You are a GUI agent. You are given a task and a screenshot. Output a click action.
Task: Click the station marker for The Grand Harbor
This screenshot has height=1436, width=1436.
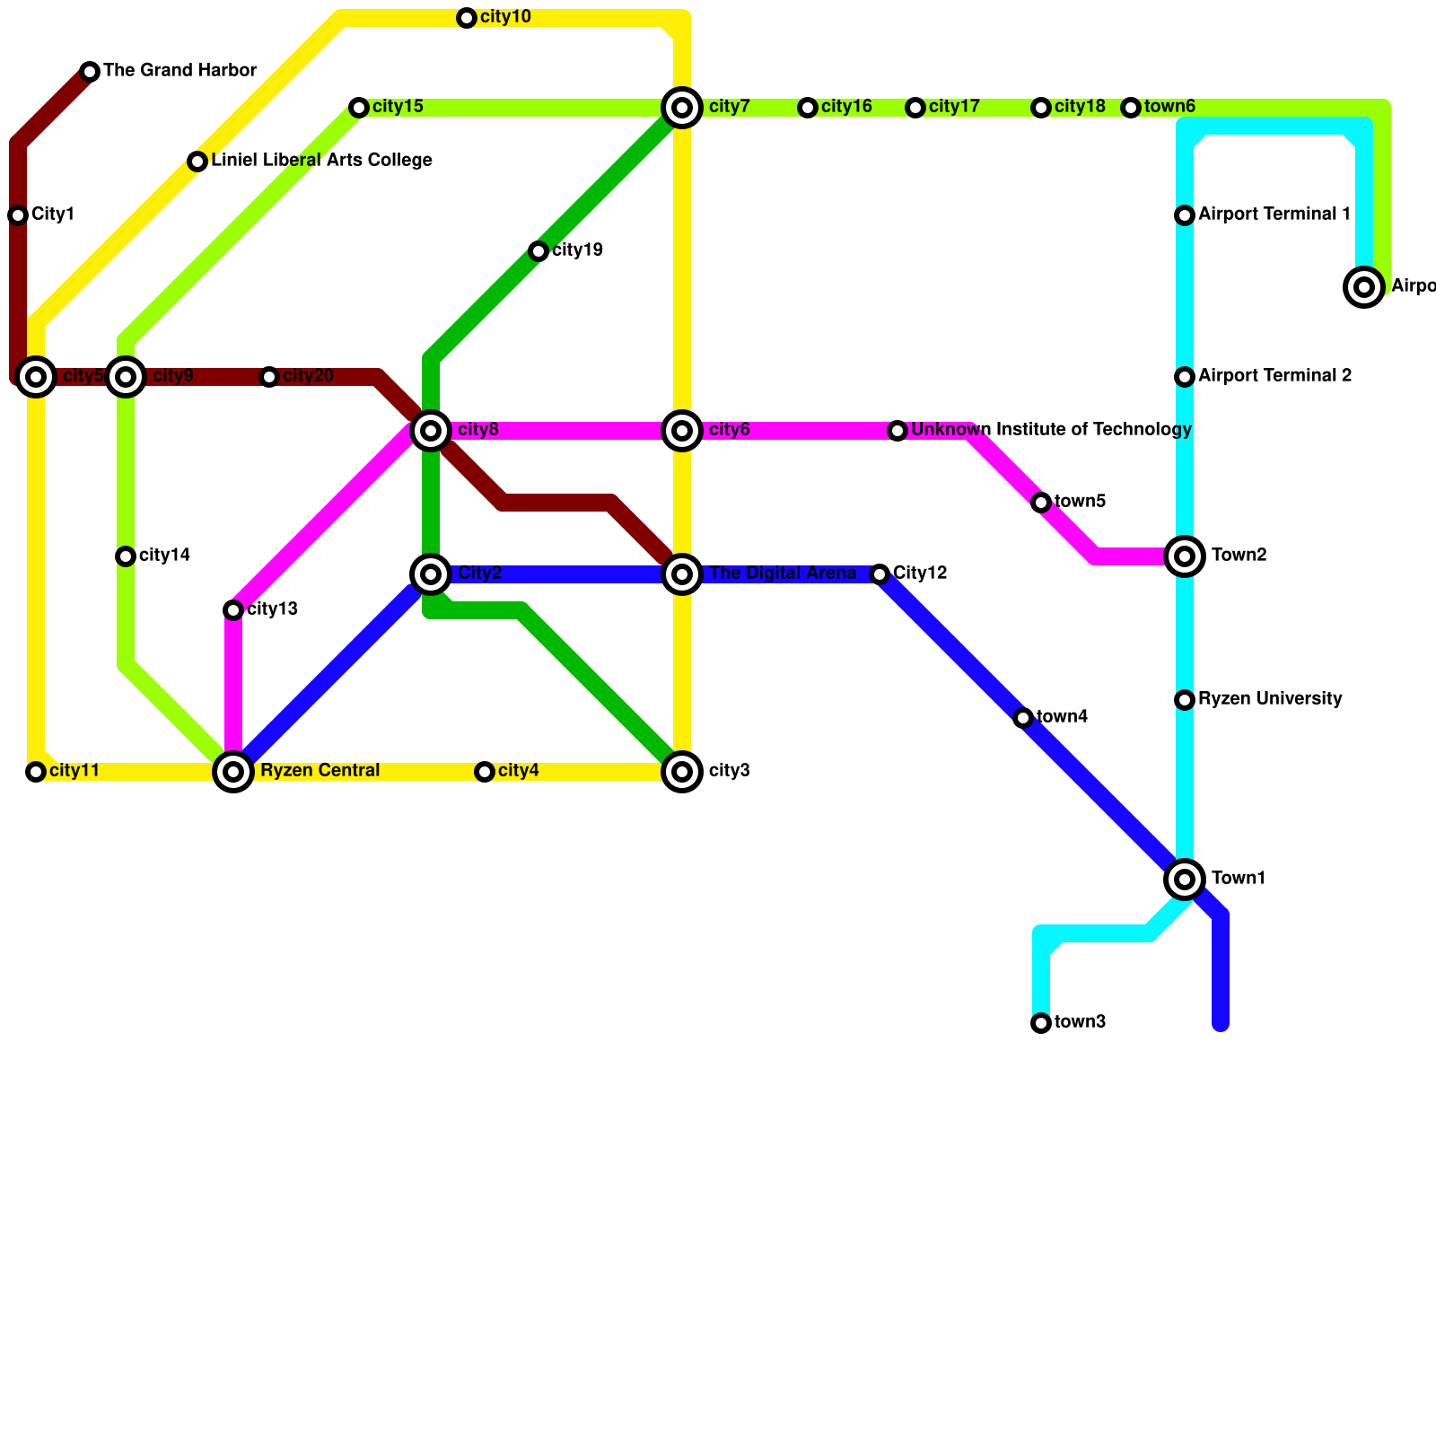point(90,72)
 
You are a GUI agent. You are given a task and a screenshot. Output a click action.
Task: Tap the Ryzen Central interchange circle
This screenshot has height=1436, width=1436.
point(233,771)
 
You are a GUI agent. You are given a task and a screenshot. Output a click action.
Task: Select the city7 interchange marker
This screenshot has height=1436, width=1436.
point(682,108)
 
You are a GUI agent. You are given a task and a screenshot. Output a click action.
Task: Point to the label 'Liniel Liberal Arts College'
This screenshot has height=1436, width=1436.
point(321,161)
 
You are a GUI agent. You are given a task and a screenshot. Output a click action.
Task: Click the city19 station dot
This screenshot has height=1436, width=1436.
point(538,251)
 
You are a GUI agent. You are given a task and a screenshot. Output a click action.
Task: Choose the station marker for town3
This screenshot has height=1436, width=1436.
point(1041,1023)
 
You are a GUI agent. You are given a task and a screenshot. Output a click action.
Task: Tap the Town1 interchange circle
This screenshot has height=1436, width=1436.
point(1185,879)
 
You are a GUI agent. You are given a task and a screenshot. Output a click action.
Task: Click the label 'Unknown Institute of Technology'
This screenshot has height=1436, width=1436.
point(1051,430)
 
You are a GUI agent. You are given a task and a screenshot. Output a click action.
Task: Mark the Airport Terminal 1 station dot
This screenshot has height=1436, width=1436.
point(1185,215)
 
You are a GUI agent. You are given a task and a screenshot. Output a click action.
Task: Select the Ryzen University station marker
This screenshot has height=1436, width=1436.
point(1185,700)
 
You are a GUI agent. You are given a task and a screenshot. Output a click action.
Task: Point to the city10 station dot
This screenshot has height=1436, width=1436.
point(467,18)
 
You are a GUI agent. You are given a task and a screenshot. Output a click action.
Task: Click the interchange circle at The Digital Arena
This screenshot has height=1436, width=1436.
point(682,574)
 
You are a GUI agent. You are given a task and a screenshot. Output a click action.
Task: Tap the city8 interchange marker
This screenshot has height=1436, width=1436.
point(431,431)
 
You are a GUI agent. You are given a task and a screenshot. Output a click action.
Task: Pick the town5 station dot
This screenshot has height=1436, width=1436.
point(1041,503)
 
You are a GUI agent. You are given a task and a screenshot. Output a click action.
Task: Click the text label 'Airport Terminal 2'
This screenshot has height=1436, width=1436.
point(1274,376)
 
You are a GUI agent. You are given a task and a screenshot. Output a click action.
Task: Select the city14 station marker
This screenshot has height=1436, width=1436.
point(126,556)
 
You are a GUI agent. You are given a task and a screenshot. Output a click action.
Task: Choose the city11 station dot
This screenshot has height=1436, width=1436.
point(36,772)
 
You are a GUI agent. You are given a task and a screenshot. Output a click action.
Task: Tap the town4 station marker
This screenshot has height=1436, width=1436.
point(1023,718)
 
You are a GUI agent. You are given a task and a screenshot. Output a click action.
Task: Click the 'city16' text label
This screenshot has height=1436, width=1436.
point(846,108)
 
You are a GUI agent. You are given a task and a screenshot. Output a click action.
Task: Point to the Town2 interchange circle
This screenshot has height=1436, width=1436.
point(1185,556)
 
